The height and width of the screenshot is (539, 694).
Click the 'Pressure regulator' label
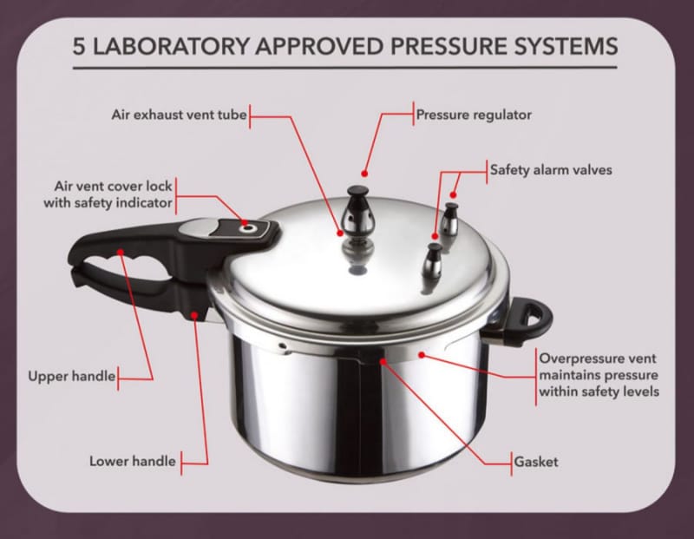pyautogui.click(x=474, y=115)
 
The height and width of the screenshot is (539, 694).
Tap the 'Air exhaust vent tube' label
pyautogui.click(x=179, y=115)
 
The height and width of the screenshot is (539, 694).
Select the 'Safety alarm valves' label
pyautogui.click(x=551, y=170)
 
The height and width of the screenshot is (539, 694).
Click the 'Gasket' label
pyautogui.click(x=536, y=462)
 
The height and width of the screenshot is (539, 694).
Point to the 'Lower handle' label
pyautogui.click(x=133, y=462)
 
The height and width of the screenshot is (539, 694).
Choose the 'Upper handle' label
pyautogui.click(x=72, y=377)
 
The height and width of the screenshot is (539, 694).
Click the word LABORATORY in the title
pyautogui.click(x=171, y=46)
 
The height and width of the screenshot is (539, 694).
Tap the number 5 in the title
pyautogui.click(x=79, y=47)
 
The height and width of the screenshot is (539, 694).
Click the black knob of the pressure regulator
pyautogui.click(x=357, y=193)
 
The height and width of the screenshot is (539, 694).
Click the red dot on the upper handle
pyautogui.click(x=121, y=252)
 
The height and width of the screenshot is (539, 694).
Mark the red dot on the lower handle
pyautogui.click(x=194, y=315)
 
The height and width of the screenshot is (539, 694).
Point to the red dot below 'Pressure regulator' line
pyautogui.click(x=364, y=174)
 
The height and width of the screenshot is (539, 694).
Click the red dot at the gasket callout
pyautogui.click(x=383, y=361)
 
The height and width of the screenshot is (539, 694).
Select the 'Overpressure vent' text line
pyautogui.click(x=598, y=358)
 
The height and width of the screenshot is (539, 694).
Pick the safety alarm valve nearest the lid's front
pyautogui.click(x=431, y=263)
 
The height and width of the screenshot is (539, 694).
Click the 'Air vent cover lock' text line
pyautogui.click(x=113, y=186)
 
